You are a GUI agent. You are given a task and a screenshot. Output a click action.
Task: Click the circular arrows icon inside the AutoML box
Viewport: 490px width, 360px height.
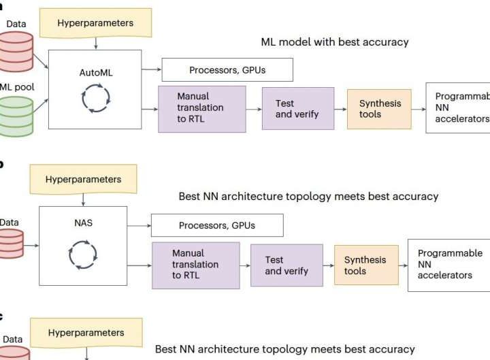pyautogui.click(x=95, y=99)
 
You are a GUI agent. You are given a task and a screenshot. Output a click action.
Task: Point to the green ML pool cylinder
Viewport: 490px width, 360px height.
pyautogui.click(x=16, y=113)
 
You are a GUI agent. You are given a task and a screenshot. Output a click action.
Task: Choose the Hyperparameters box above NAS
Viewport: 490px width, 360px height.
pyautogui.click(x=83, y=180)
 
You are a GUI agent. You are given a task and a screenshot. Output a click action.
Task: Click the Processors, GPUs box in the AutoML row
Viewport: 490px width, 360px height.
pyautogui.click(x=227, y=69)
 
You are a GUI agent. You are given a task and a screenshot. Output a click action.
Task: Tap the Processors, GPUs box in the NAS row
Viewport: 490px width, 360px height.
pyautogui.click(x=216, y=225)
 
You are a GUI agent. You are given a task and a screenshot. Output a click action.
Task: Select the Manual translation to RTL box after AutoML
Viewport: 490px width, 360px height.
pyautogui.click(x=201, y=108)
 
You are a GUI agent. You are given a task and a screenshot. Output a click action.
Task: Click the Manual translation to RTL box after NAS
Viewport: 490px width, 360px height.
pyautogui.click(x=195, y=265)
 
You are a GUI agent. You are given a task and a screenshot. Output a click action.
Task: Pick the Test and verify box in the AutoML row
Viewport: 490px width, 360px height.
pyautogui.click(x=298, y=108)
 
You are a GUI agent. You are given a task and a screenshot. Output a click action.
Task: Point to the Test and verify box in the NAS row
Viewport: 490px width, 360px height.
pyautogui.click(x=287, y=265)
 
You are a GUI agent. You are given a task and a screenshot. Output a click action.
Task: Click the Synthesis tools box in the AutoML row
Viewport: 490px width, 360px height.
pyautogui.click(x=380, y=109)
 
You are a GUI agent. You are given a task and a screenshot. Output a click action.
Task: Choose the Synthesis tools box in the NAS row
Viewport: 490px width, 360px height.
pyautogui.click(x=365, y=265)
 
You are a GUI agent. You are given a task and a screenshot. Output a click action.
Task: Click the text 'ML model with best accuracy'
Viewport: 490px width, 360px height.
pyautogui.click(x=335, y=42)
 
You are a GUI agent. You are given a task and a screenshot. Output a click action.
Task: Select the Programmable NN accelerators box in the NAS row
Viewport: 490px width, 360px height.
pyautogui.click(x=448, y=265)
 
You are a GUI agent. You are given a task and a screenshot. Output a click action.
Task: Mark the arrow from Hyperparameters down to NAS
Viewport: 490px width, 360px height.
pyautogui.click(x=83, y=200)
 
